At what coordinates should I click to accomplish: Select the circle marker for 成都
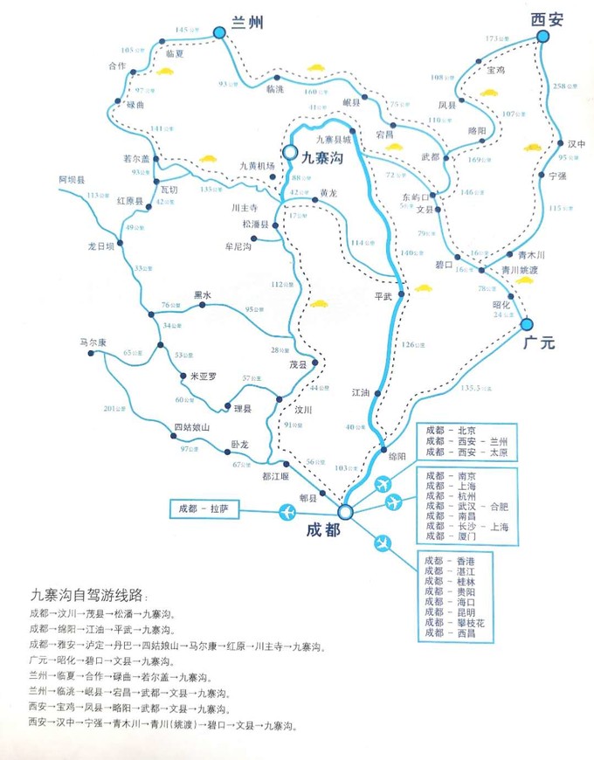[x=345, y=511]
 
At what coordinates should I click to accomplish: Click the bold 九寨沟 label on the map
[x=324, y=161]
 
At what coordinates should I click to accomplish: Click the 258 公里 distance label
[x=565, y=86]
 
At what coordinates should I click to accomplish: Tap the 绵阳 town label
[x=397, y=457]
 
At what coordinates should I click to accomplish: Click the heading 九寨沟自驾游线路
[x=90, y=594]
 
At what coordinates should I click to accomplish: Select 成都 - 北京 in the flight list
[x=451, y=431]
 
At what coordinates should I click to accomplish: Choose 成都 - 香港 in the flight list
[x=451, y=560]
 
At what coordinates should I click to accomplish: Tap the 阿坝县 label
[x=72, y=179]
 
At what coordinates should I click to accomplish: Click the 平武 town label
[x=385, y=295]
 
